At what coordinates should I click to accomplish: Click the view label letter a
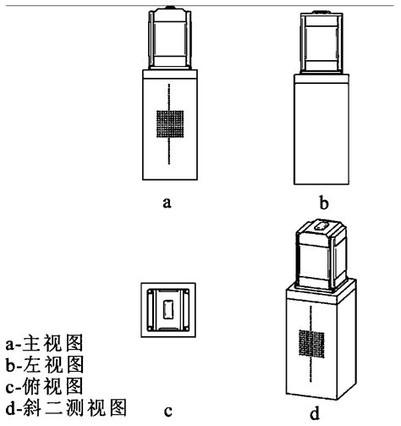click(167, 203)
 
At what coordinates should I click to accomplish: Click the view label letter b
click(324, 202)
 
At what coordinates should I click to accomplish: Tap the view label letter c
click(168, 412)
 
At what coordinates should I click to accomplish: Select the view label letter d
click(315, 412)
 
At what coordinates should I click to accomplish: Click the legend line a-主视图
click(44, 343)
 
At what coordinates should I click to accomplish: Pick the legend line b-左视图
click(45, 364)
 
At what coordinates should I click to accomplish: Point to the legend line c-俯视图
click(44, 386)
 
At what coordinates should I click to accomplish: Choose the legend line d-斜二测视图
click(66, 407)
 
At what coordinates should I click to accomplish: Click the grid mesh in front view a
click(170, 124)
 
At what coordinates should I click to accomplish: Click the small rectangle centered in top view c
click(168, 309)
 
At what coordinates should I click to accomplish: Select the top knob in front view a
click(170, 7)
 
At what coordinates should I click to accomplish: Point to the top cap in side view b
click(321, 12)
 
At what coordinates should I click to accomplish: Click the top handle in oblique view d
click(321, 225)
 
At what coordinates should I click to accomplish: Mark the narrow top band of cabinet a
click(170, 74)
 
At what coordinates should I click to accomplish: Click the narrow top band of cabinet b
click(321, 79)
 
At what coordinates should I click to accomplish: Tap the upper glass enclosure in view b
click(321, 42)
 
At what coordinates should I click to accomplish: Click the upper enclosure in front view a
click(170, 39)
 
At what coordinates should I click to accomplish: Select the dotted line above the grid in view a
click(169, 97)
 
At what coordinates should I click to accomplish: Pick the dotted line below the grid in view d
click(311, 370)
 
